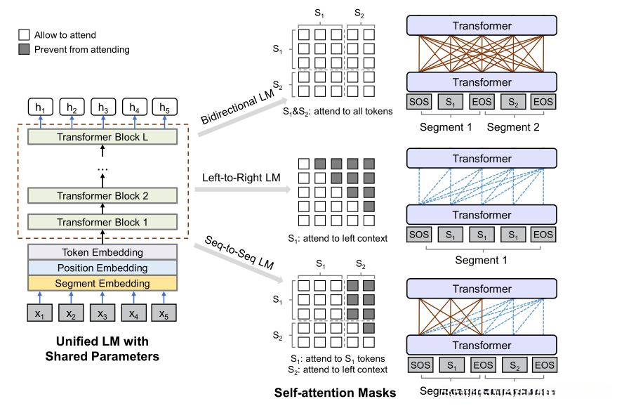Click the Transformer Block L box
[102, 137]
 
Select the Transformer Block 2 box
[102, 196]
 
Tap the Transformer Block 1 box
[102, 222]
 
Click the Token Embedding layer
[102, 252]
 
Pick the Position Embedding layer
[102, 268]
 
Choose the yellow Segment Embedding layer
[102, 283]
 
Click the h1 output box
[41, 107]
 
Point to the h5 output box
[165, 107]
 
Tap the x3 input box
[102, 313]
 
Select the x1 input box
[41, 313]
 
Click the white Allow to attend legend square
[23, 34]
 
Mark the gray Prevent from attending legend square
[23, 49]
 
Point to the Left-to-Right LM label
[241, 178]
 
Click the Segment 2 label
[513, 126]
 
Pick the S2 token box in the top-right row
[513, 102]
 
